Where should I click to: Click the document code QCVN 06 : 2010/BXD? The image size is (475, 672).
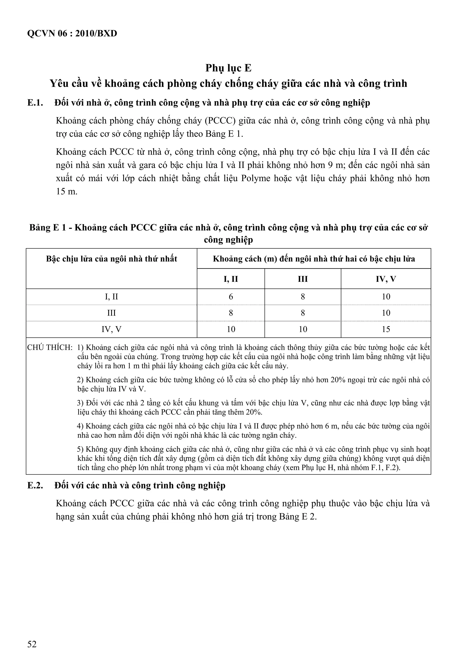coord(72,34)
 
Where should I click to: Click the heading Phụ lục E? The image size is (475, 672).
coord(228,68)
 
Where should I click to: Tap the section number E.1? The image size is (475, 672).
coord(35,103)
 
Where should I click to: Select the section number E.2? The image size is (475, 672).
coord(35,486)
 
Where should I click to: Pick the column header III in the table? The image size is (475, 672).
coord(303,279)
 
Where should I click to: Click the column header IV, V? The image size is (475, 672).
coord(386,279)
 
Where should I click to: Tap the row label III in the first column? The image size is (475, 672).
coord(111,313)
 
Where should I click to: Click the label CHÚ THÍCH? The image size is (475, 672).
coord(50,348)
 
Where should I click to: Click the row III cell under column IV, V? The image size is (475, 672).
coord(386,313)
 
